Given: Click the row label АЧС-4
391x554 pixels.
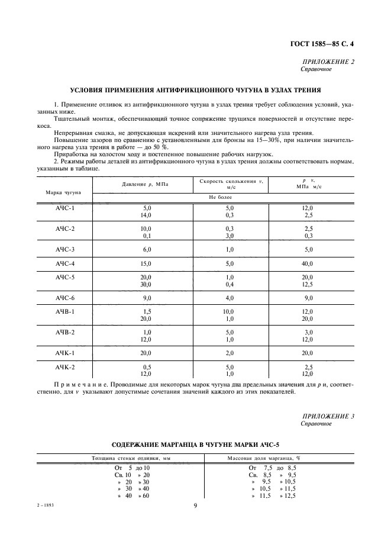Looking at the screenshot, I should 65,263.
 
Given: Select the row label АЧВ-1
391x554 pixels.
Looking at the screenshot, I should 65,312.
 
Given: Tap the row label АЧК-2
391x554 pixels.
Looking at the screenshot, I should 65,368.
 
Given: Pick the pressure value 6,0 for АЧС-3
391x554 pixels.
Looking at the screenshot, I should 147,249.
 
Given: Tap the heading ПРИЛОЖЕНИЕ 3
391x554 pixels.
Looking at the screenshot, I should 328,416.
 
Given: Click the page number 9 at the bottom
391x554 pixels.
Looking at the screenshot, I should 195,505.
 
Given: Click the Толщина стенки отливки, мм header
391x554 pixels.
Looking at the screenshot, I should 120,458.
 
